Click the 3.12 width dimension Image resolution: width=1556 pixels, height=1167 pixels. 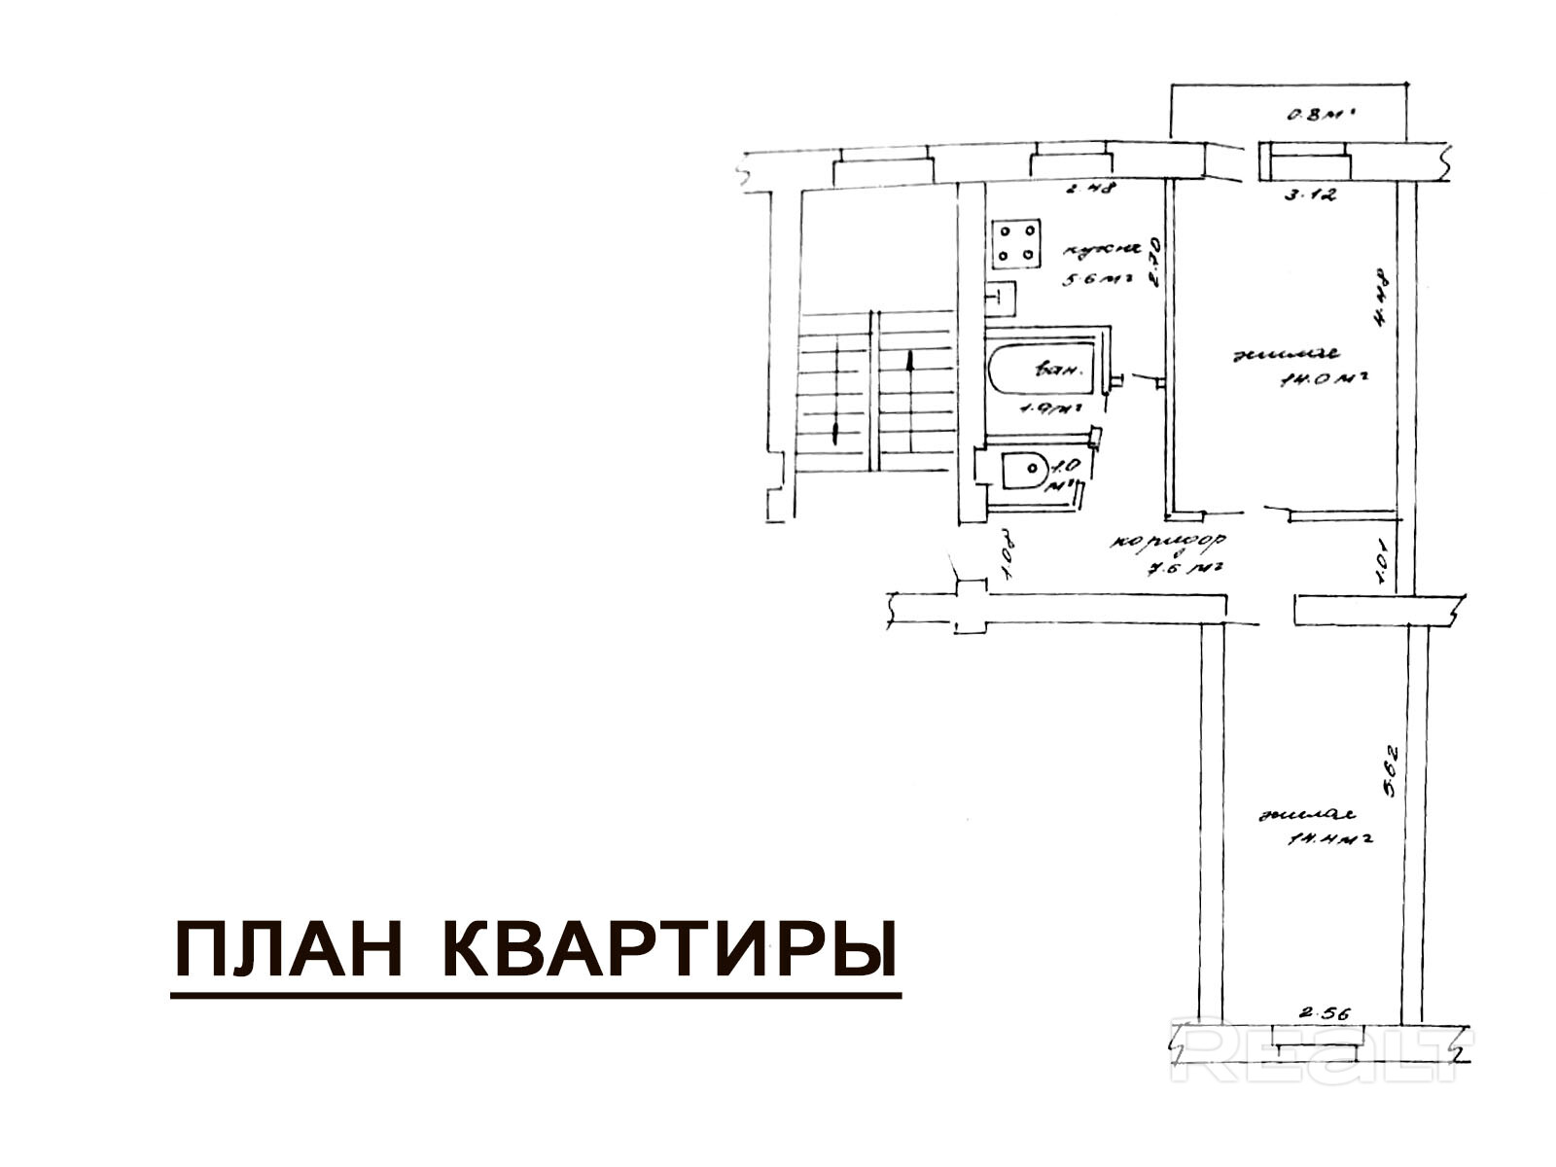pyautogui.click(x=1311, y=194)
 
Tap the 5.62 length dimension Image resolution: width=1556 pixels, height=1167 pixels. pyautogui.click(x=1392, y=769)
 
